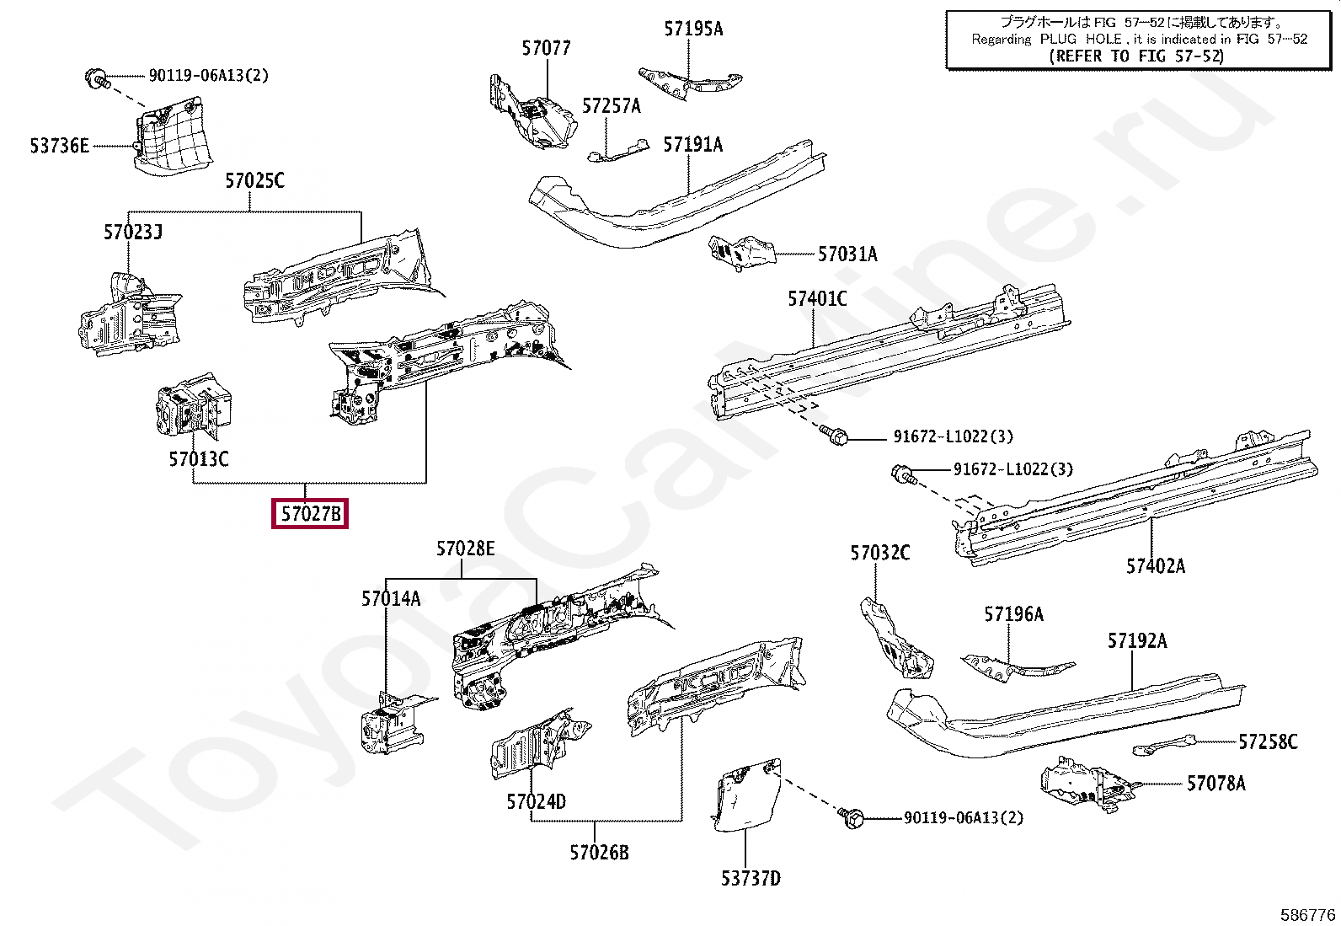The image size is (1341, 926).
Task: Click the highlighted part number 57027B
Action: click(x=310, y=513)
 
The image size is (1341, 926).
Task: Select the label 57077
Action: click(x=546, y=48)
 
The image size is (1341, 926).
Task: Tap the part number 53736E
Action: click(x=59, y=146)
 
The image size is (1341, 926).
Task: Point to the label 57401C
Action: click(x=817, y=298)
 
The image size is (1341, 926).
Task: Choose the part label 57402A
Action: click(x=1155, y=566)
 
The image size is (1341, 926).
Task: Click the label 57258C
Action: click(x=1268, y=741)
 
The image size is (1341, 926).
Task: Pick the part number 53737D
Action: click(x=750, y=879)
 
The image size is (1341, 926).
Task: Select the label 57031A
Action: click(x=847, y=254)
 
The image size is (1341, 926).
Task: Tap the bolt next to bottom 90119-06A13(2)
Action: click(x=850, y=816)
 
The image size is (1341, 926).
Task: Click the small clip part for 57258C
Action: click(x=1163, y=745)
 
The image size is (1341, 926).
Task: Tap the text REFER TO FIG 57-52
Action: click(x=1136, y=56)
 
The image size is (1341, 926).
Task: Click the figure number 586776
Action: click(x=1307, y=914)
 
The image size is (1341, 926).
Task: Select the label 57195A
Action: click(x=692, y=29)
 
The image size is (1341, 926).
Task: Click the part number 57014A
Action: click(x=391, y=599)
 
